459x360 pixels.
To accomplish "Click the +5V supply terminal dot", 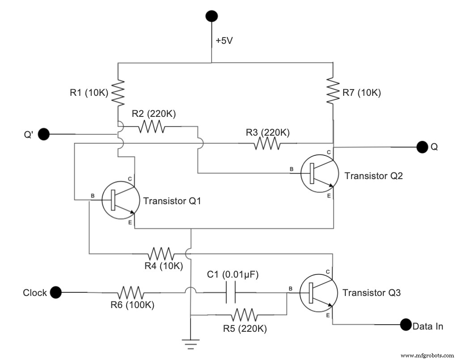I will point(212,16).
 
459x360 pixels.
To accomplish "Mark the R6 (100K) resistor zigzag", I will point(131,293).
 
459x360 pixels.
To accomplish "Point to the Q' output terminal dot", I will point(43,133).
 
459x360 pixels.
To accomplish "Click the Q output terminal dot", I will point(422,146).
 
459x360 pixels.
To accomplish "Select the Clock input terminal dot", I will point(55,293).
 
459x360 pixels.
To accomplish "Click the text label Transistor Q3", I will point(371,293).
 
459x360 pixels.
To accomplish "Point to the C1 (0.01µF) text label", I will point(233,274).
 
